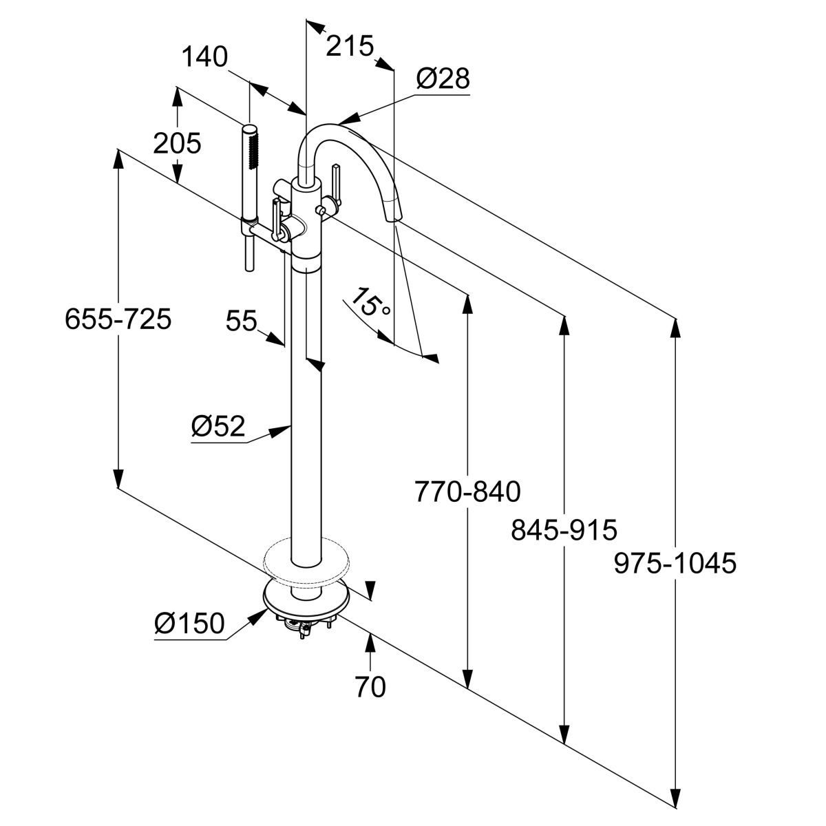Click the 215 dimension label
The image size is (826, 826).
pyautogui.click(x=349, y=47)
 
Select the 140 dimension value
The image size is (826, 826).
pyautogui.click(x=204, y=58)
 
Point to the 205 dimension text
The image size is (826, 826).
pyautogui.click(x=177, y=144)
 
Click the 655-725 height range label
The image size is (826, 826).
pyautogui.click(x=118, y=319)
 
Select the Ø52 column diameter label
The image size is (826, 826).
pyautogui.click(x=218, y=427)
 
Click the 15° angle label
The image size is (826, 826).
pyautogui.click(x=372, y=303)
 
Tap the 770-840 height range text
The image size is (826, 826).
pyautogui.click(x=467, y=491)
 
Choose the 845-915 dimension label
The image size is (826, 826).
pyautogui.click(x=564, y=530)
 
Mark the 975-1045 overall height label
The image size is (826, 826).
pyautogui.click(x=675, y=564)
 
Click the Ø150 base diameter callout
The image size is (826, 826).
pyautogui.click(x=189, y=624)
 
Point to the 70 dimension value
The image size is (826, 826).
pyautogui.click(x=372, y=686)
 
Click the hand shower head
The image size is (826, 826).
pyautogui.click(x=249, y=148)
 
